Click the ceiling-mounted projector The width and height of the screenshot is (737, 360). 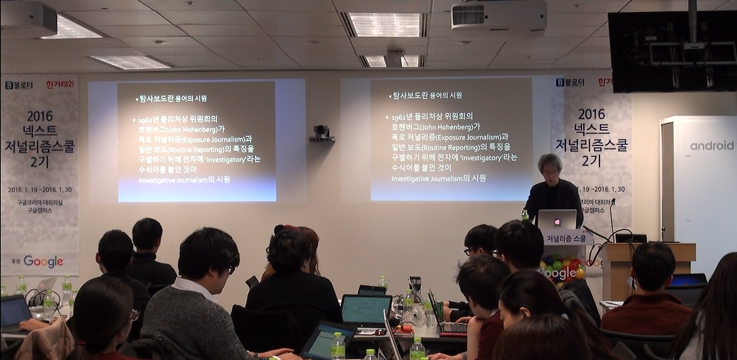pos(498,19)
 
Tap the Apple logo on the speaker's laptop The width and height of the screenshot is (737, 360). pos(557,222)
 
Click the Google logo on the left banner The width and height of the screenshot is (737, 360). pos(43,262)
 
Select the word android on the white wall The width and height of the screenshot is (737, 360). pos(712,146)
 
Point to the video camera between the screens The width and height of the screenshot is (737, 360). pos(322,134)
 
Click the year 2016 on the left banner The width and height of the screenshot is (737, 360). pos(39,116)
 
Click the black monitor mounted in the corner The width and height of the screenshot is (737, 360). pos(672,52)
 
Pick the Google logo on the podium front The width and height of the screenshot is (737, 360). pos(560,273)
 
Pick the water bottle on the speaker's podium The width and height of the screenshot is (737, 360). pos(525,216)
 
